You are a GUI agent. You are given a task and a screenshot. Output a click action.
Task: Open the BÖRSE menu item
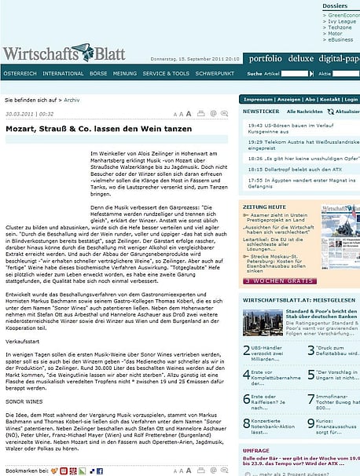coord(99,73)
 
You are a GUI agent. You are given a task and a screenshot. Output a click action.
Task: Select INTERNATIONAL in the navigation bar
coord(64,73)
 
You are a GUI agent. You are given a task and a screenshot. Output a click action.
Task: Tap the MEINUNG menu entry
coord(125,73)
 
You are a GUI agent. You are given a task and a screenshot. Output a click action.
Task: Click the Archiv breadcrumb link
coord(72,101)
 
